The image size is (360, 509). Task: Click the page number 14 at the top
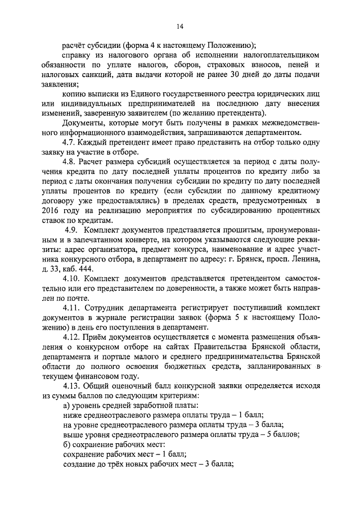[179, 25]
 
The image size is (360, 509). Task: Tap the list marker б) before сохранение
[66, 445]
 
